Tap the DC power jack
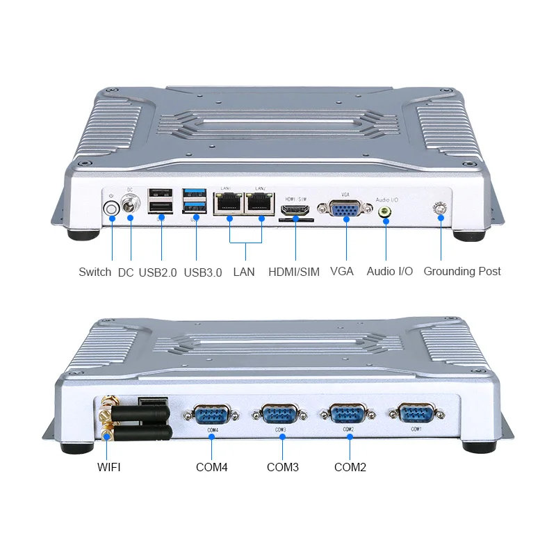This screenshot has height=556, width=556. coord(131,206)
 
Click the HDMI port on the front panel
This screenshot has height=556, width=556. coord(295,208)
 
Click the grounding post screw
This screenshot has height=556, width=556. coord(440,208)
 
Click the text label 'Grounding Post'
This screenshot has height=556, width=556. coord(462,272)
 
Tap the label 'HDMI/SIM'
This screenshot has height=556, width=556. coord(294,272)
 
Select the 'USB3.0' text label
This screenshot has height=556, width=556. coord(203,272)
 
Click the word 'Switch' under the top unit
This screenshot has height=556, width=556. coord(95,272)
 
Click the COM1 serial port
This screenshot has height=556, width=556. coord(416,415)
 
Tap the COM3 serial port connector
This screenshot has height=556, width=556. coord(281,416)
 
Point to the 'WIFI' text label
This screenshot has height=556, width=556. coord(108,467)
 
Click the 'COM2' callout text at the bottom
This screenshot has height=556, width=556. coord(350,467)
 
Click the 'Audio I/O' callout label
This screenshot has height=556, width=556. coord(390,272)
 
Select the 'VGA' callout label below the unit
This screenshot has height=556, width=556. coord(342,272)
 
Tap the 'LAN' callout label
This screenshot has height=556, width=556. coord(244,272)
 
